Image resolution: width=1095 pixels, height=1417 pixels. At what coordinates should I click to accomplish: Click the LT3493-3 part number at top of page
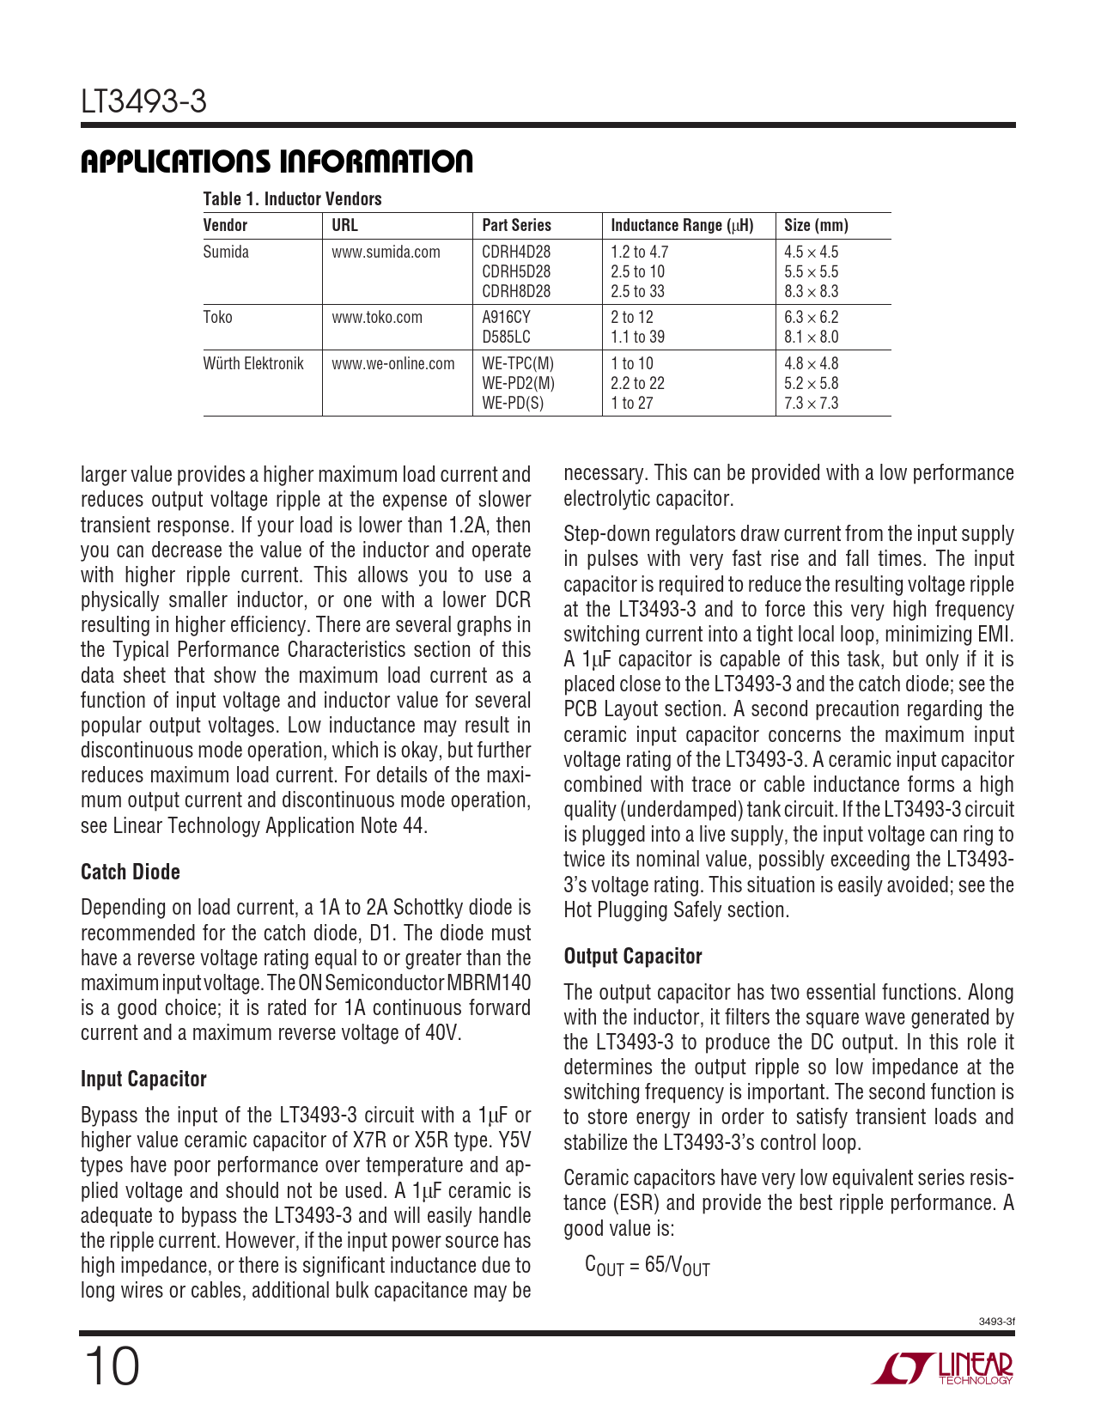[143, 102]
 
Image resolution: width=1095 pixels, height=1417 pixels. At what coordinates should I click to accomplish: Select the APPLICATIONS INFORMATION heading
[277, 161]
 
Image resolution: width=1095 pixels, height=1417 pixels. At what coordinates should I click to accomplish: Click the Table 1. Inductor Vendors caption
[292, 199]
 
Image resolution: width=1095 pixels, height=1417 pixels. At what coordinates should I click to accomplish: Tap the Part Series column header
[516, 225]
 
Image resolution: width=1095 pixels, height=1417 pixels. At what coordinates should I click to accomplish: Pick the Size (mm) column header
[816, 225]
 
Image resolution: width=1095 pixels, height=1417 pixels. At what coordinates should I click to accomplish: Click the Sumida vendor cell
[226, 252]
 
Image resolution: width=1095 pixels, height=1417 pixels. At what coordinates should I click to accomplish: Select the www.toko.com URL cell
[377, 317]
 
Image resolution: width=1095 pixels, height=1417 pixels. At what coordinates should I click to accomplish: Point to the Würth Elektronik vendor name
[253, 363]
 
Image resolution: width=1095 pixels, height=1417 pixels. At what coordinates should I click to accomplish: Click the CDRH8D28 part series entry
[516, 291]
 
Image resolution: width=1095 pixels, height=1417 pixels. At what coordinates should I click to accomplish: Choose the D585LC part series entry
[506, 337]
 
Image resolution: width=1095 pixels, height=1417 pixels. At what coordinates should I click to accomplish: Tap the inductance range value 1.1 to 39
[637, 337]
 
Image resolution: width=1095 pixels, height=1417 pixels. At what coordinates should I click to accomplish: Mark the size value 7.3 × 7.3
[811, 403]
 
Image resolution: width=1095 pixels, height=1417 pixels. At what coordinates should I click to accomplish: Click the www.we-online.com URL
[393, 363]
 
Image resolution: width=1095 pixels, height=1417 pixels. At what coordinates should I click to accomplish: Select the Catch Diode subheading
[131, 872]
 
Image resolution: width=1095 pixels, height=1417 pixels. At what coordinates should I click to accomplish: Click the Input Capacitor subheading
[143, 1079]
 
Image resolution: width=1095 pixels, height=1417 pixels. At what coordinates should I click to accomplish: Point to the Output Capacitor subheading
[633, 956]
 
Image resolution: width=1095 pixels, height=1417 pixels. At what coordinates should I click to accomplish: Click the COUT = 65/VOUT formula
[647, 1265]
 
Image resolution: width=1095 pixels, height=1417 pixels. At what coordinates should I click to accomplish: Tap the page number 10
[111, 1366]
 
